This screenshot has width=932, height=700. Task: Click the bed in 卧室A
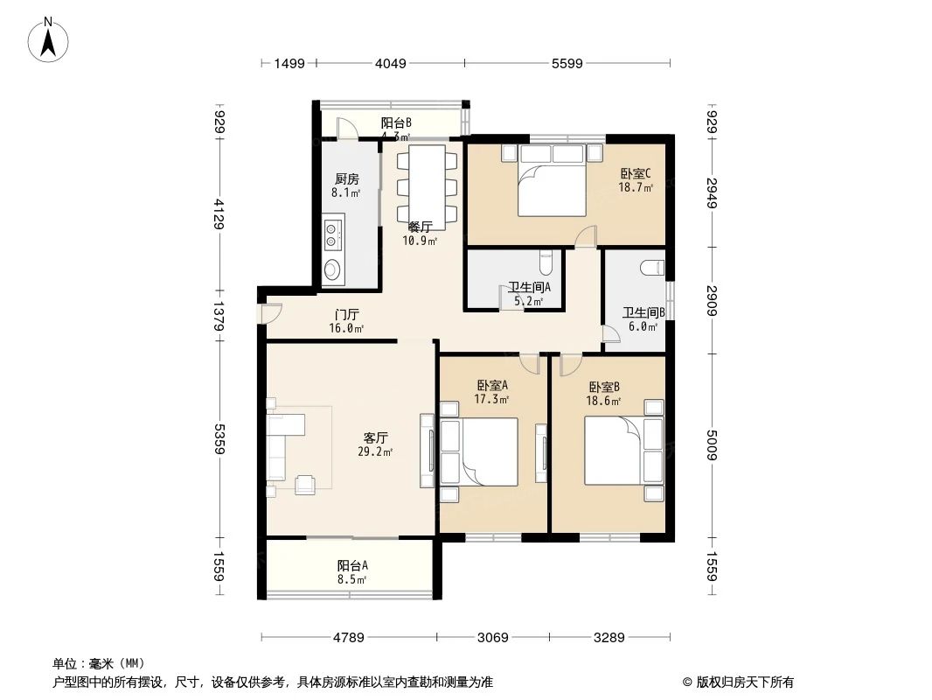coord(479,451)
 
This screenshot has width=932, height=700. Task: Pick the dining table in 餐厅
coord(428,186)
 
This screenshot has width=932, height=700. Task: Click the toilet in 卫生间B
coord(652,268)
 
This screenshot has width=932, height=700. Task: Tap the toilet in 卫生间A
coord(546,262)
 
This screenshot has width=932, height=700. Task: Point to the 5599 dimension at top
coord(567,63)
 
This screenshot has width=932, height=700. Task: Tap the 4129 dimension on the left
coord(219,213)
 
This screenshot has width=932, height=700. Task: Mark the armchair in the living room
coord(307,484)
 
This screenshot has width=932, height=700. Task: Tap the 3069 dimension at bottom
coord(493,637)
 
